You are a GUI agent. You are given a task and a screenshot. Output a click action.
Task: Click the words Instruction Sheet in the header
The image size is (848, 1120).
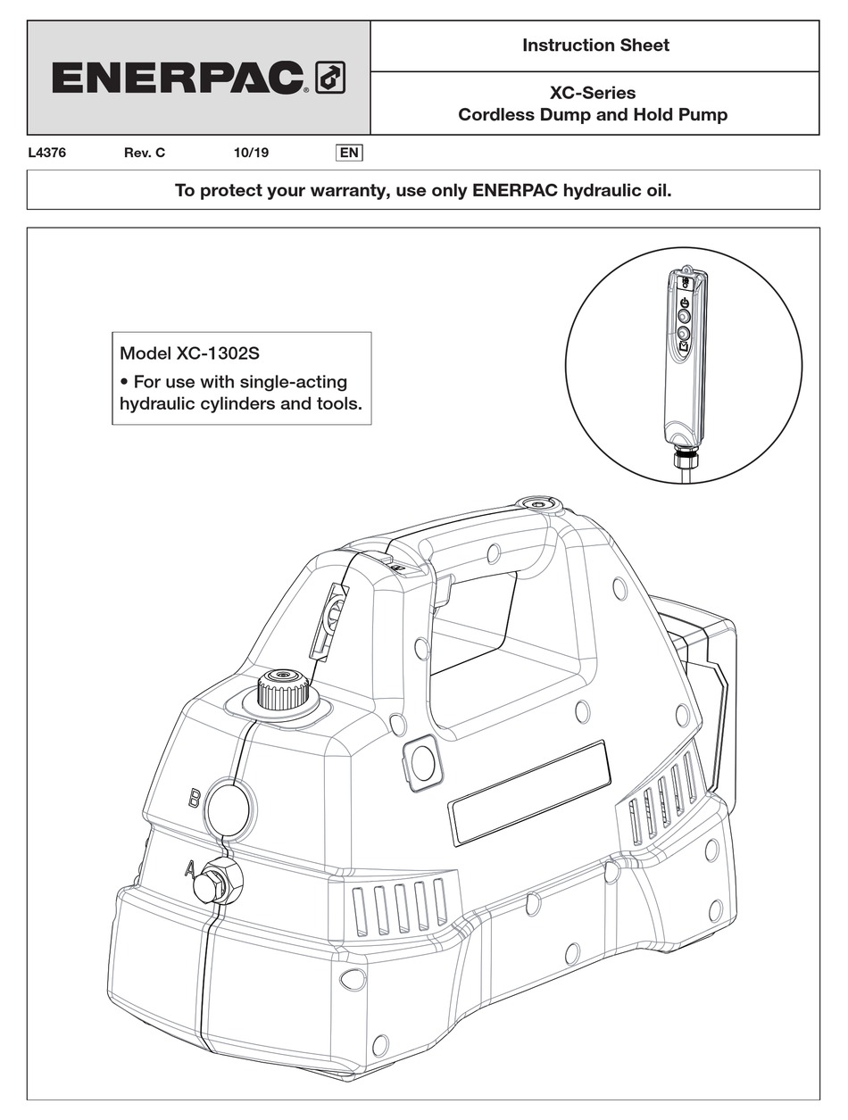click(595, 46)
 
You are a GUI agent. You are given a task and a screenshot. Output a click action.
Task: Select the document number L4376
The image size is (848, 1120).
click(47, 153)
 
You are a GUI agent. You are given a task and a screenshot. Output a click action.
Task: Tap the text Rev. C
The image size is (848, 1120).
click(145, 153)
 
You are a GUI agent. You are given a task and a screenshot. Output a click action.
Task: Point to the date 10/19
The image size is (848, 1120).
click(251, 153)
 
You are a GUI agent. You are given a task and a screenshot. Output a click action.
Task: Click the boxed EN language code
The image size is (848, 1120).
click(349, 153)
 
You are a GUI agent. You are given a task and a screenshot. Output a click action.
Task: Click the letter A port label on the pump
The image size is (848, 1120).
click(189, 867)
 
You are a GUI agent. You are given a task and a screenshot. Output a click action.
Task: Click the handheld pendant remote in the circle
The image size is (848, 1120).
click(683, 357)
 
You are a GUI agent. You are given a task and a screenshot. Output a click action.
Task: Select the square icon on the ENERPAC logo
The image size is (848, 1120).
click(330, 79)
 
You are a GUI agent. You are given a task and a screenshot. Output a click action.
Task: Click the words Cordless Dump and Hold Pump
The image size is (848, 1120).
click(593, 115)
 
